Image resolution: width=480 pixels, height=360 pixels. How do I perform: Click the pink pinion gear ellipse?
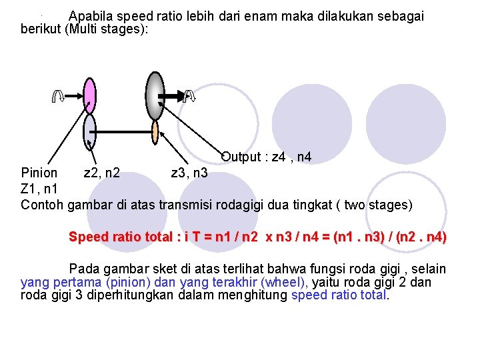coord(90,95)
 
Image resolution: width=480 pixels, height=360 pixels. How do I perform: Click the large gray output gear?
coord(155,96)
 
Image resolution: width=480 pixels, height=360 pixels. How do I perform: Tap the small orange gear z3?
coord(155,132)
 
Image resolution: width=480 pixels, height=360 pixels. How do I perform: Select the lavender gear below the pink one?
coord(90,131)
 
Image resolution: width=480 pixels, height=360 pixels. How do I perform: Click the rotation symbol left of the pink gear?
coord(58,97)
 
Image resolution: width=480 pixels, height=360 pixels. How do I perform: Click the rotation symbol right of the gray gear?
coord(189,97)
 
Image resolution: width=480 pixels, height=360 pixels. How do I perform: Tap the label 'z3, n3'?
coord(189,174)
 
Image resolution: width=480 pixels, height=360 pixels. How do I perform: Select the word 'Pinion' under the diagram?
coord(39,174)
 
